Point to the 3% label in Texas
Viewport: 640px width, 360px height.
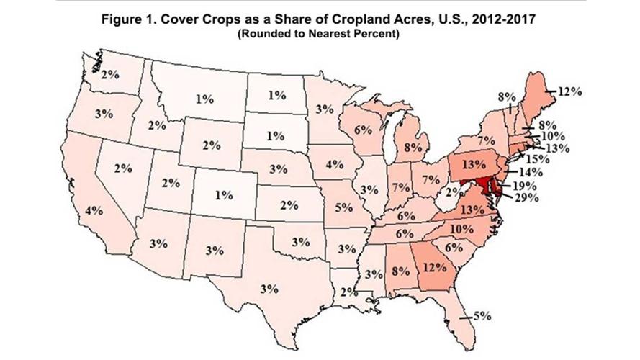[269, 289]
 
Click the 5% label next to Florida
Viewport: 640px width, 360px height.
[482, 315]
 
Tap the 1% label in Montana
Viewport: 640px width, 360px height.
[204, 99]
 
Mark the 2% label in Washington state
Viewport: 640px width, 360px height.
[110, 74]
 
